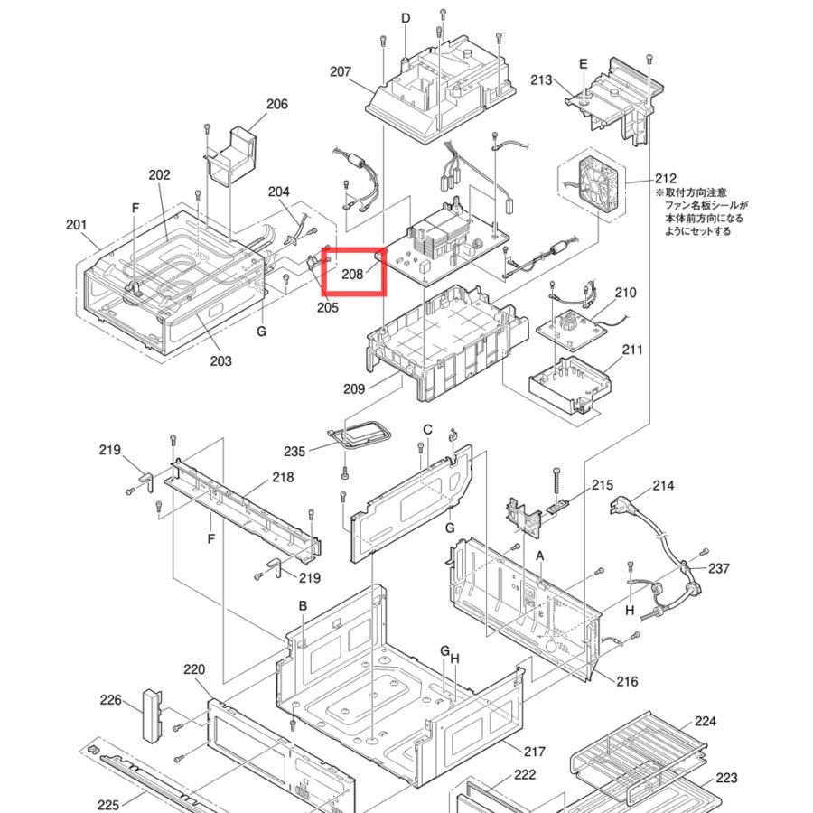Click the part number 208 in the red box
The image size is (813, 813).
click(x=352, y=274)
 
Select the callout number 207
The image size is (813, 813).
click(x=341, y=71)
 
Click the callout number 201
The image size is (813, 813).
click(x=76, y=225)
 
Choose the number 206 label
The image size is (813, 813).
click(x=277, y=104)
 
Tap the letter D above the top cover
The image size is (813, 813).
click(x=406, y=18)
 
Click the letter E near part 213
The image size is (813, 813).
click(x=584, y=64)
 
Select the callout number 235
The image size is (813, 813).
click(x=294, y=451)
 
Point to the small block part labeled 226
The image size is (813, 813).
click(x=152, y=715)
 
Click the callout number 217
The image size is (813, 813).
click(x=535, y=751)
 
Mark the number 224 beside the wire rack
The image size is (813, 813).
click(x=706, y=721)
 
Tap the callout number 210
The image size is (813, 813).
click(x=625, y=293)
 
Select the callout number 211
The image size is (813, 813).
click(x=632, y=350)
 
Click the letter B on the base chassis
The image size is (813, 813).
click(x=303, y=605)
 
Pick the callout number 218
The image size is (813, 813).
click(x=283, y=477)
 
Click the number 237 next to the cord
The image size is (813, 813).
click(x=719, y=568)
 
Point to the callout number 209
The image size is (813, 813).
click(x=354, y=388)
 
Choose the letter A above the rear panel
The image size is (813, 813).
click(x=540, y=556)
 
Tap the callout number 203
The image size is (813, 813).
click(x=221, y=360)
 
